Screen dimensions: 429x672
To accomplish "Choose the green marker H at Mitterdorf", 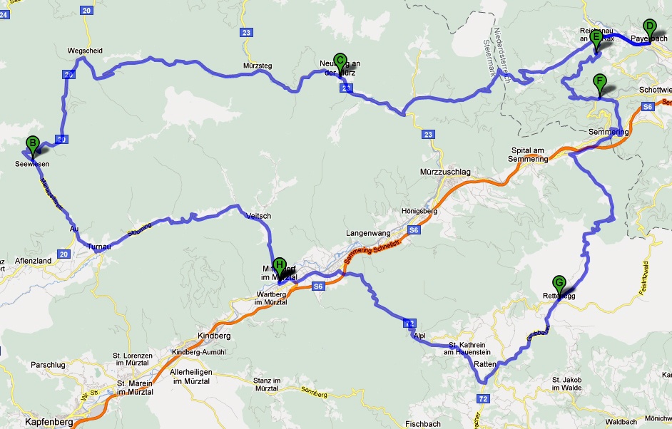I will [280, 267].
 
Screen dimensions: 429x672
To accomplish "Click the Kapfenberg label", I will [49, 422].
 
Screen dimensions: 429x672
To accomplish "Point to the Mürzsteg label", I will [258, 66].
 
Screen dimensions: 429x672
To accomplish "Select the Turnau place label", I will [99, 247].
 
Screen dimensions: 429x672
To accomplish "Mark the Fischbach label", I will [423, 423].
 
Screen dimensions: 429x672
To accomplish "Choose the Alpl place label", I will [419, 334].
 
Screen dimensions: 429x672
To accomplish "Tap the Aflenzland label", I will [34, 262].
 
